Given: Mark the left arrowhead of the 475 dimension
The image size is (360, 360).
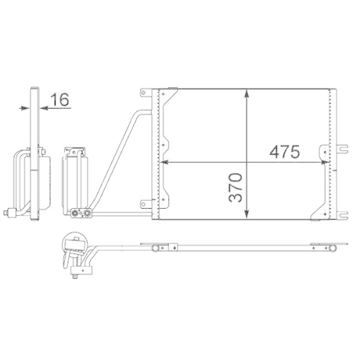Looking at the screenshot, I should click(x=168, y=162).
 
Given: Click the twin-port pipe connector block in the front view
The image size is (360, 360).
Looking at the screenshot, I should click(x=81, y=212).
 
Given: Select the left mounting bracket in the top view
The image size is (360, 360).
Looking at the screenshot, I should click(x=159, y=248).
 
